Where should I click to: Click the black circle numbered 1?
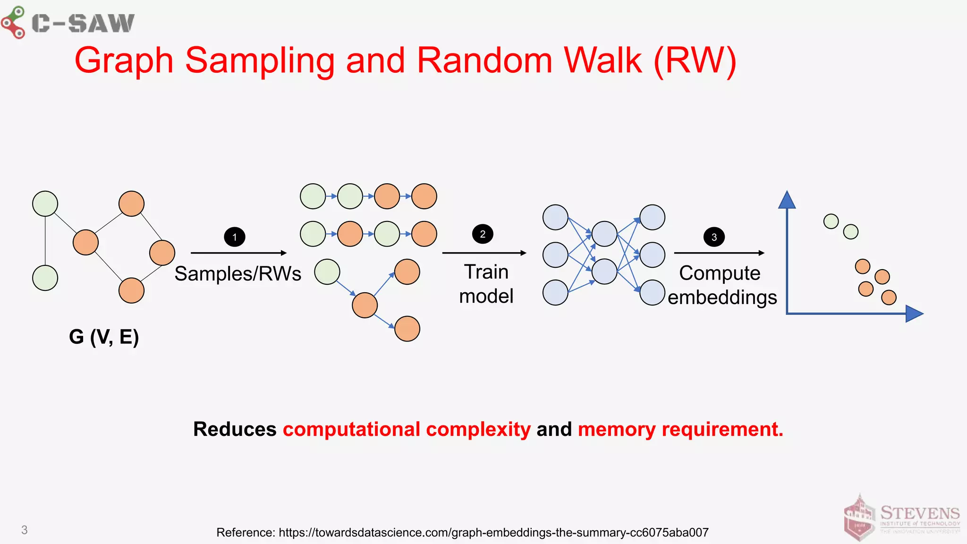click(x=235, y=237)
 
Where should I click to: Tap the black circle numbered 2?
click(x=483, y=234)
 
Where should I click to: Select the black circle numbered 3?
click(x=714, y=237)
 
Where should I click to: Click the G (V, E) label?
click(x=104, y=337)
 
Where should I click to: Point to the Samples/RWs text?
click(x=238, y=274)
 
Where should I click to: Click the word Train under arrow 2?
click(x=486, y=272)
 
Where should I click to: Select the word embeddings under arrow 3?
click(x=722, y=297)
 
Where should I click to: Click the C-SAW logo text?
click(x=83, y=23)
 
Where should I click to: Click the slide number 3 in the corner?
click(x=25, y=530)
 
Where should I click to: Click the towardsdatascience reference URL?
click(x=493, y=533)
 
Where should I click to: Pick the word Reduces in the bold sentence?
click(x=235, y=429)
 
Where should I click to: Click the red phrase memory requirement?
click(x=680, y=429)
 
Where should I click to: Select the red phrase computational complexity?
click(x=407, y=429)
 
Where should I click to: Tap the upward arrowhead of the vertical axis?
click(x=787, y=200)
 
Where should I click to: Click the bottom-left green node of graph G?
click(x=45, y=278)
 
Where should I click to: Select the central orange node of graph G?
click(x=85, y=242)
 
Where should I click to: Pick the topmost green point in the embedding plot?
click(x=831, y=221)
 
